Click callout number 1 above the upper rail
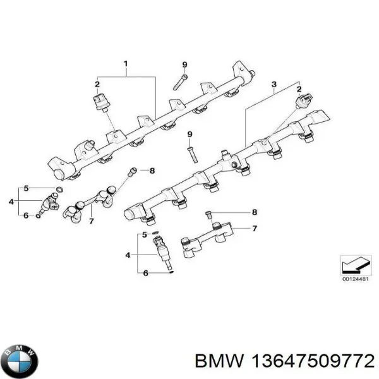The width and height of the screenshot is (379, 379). (x=126, y=64)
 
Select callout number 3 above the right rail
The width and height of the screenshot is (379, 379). (x=274, y=83)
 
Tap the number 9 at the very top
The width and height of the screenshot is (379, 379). (x=185, y=65)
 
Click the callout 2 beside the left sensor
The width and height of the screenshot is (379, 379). (x=98, y=84)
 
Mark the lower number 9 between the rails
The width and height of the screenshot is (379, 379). (x=189, y=134)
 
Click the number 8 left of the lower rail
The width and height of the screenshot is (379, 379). (x=152, y=171)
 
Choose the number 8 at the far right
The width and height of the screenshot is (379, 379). (x=254, y=212)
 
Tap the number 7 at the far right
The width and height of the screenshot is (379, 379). (x=254, y=228)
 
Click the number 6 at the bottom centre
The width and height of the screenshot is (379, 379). (x=145, y=273)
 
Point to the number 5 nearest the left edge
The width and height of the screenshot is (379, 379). (x=26, y=188)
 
